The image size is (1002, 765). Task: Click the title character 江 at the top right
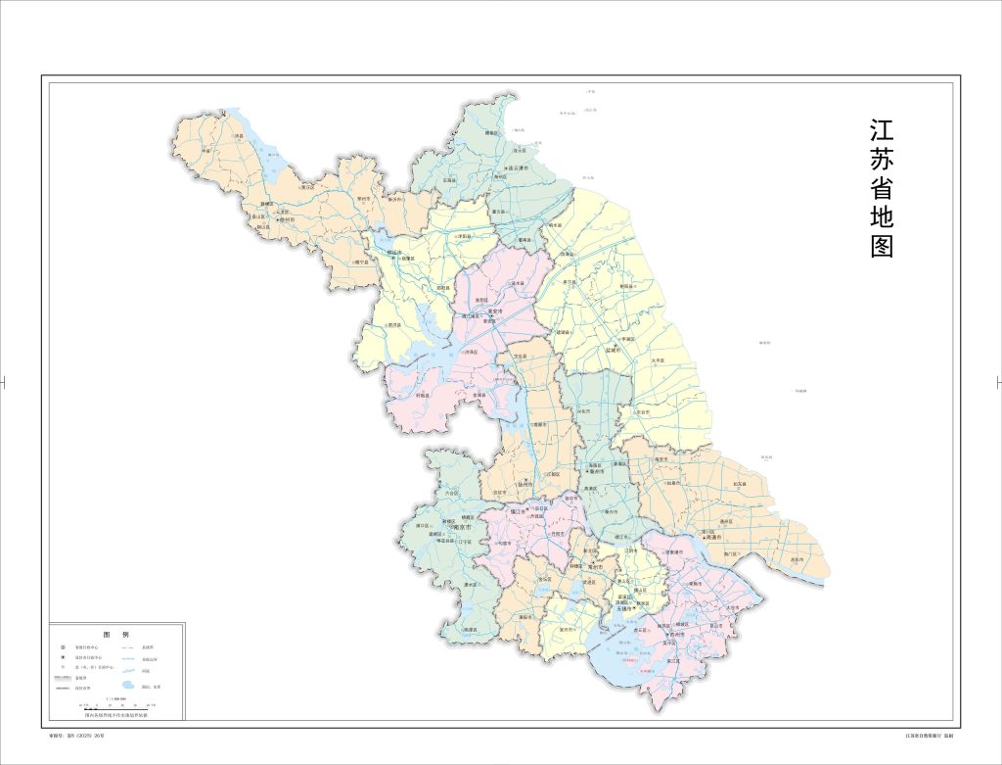pos(882,132)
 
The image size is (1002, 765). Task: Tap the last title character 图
pos(882,246)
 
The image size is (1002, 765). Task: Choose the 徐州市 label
pos(286,220)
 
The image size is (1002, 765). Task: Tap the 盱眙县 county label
pos(423,395)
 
